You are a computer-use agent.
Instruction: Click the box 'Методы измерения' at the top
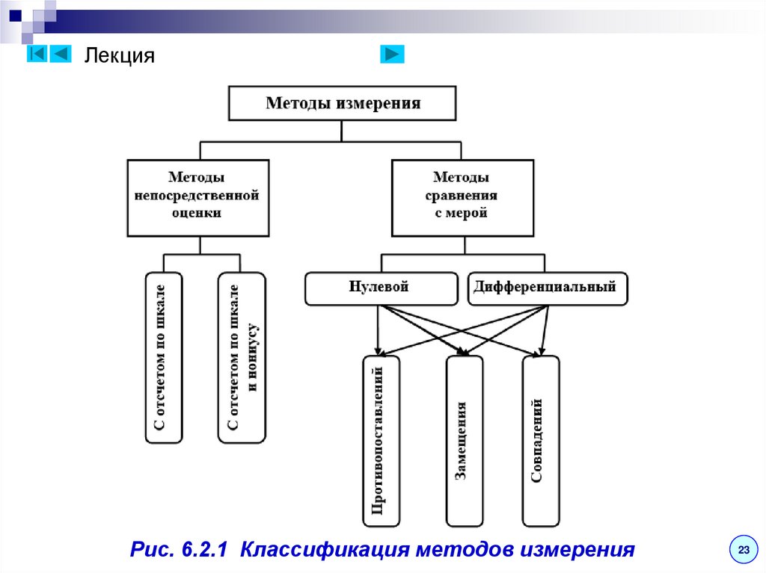[342, 103]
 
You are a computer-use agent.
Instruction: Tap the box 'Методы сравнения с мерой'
[462, 198]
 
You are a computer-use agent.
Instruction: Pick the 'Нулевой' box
[381, 288]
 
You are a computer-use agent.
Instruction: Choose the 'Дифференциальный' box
[548, 288]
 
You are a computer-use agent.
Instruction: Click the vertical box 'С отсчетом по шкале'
[164, 358]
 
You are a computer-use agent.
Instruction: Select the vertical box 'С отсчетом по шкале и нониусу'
[242, 358]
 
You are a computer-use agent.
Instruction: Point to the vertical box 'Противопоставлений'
[380, 441]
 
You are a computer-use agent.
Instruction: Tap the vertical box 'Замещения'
[465, 441]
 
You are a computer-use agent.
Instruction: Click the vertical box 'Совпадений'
[540, 441]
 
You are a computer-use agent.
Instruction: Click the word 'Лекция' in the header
[119, 56]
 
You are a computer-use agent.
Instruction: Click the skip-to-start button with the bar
[37, 54]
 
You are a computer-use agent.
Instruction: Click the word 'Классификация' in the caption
[325, 551]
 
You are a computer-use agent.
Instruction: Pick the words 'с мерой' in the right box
[462, 213]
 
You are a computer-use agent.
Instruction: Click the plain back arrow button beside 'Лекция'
[61, 54]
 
